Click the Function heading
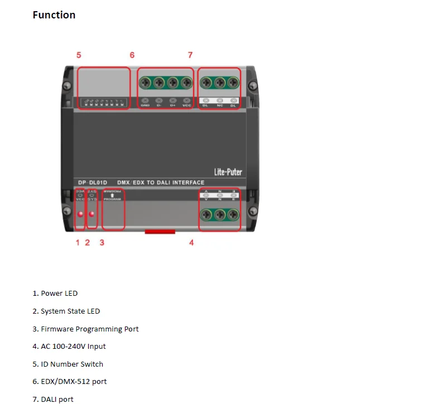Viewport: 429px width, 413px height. (54, 15)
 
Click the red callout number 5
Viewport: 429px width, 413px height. (79, 55)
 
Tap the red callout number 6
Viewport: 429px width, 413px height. (132, 55)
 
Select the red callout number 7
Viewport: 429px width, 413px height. (190, 55)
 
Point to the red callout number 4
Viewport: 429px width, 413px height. (191, 243)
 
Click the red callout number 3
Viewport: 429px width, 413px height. (102, 243)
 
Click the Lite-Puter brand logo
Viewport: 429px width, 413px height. (228, 171)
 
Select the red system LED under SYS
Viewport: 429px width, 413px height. (92, 214)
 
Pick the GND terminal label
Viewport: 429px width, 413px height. (145, 105)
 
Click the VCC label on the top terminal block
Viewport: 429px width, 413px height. (187, 105)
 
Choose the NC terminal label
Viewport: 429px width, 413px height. (220, 105)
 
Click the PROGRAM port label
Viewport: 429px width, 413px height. (113, 200)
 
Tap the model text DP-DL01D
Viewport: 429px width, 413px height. (91, 183)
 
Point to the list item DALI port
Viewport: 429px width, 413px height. (52, 400)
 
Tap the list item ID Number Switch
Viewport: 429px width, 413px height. (68, 364)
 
